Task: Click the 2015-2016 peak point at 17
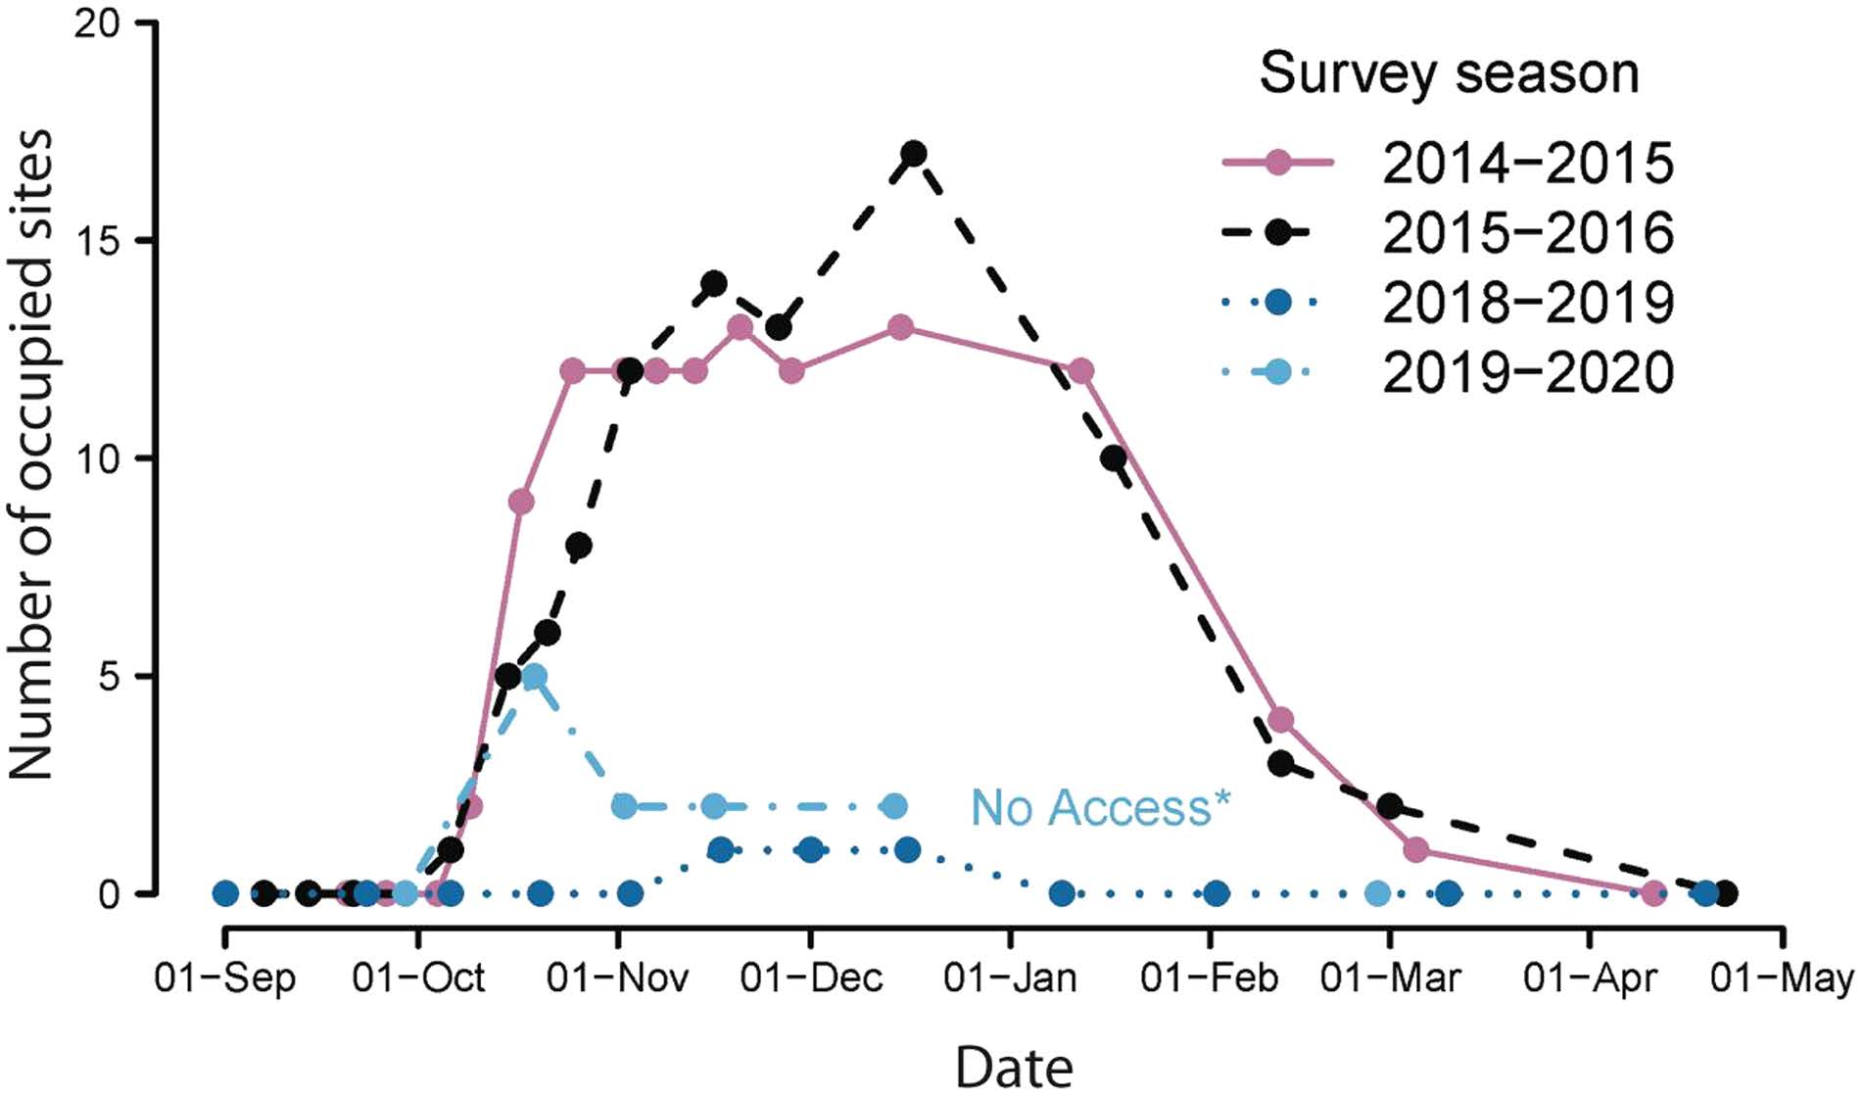pyautogui.click(x=914, y=154)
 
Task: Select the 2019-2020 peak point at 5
pyautogui.click(x=534, y=677)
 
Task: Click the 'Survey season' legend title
pyautogui.click(x=1449, y=73)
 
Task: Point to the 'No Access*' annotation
pyautogui.click(x=1100, y=808)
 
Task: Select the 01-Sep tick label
pyautogui.click(x=224, y=979)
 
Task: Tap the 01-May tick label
pyautogui.click(x=1782, y=979)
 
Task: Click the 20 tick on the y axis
pyautogui.click(x=97, y=24)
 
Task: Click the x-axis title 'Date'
pyautogui.click(x=1014, y=1068)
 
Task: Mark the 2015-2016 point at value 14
pyautogui.click(x=714, y=284)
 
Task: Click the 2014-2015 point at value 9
pyautogui.click(x=521, y=502)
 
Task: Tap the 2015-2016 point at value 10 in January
pyautogui.click(x=1113, y=458)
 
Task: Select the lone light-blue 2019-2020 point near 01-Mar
pyautogui.click(x=1377, y=893)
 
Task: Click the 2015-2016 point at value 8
pyautogui.click(x=578, y=546)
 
